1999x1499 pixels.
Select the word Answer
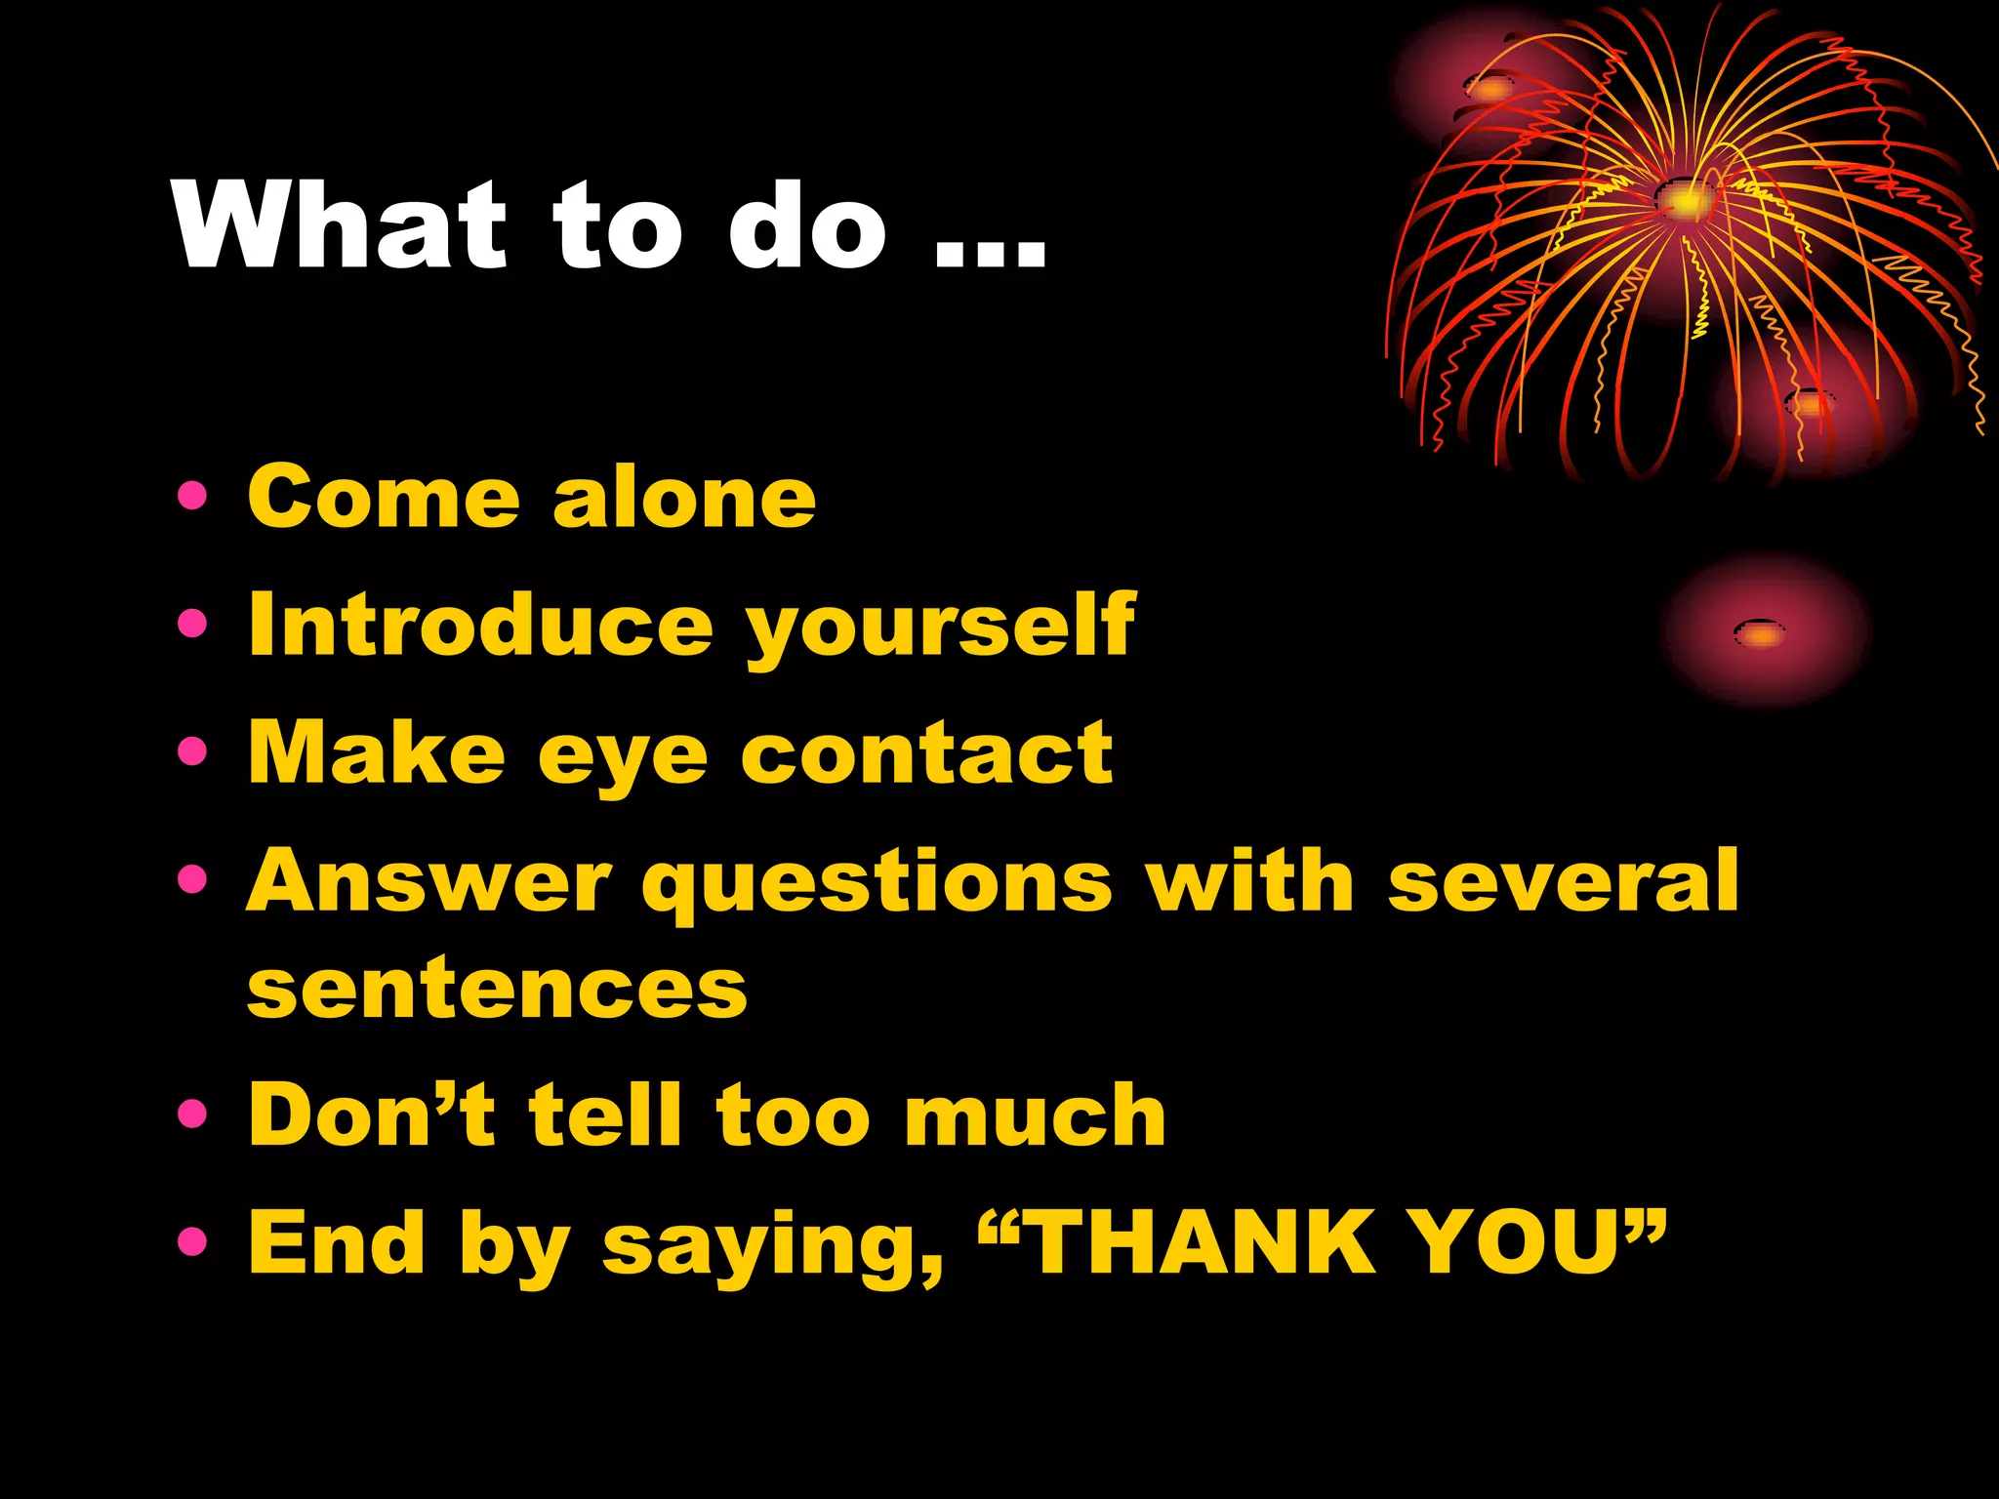tap(429, 881)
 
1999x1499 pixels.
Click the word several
tap(1563, 881)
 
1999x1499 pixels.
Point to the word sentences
tap(497, 990)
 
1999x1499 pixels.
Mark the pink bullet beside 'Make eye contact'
tap(193, 751)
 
